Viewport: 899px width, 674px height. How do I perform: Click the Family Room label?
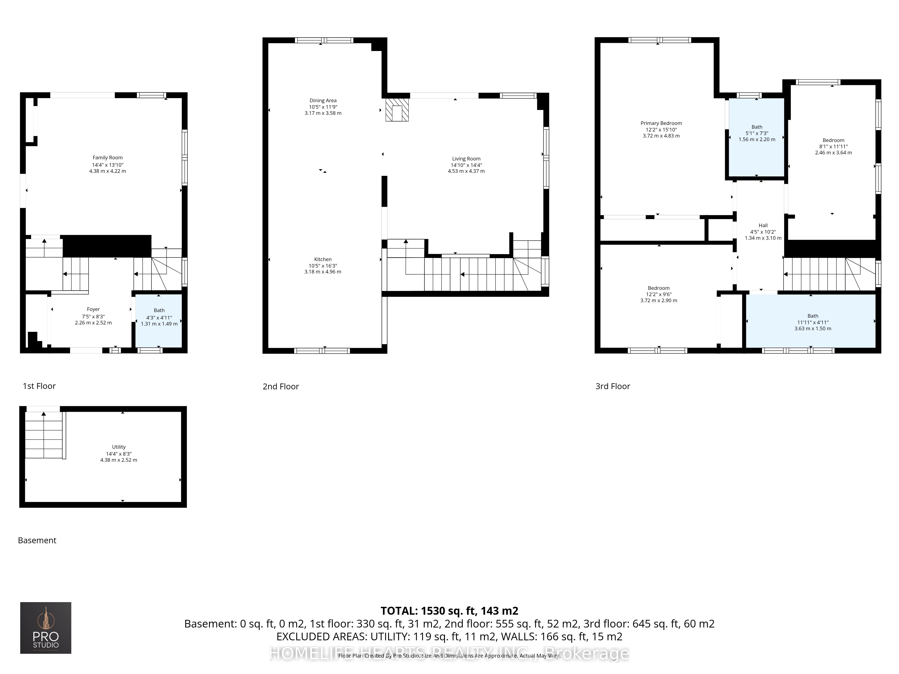pos(107,158)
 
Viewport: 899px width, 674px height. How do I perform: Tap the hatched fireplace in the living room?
pos(397,110)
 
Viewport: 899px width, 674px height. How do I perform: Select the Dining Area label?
pos(323,100)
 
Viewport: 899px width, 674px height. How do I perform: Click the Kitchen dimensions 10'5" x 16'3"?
pos(323,266)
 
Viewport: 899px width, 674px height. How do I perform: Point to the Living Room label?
pos(466,159)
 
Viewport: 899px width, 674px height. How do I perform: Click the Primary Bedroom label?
pos(661,123)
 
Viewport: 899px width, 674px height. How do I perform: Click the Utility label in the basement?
pos(119,447)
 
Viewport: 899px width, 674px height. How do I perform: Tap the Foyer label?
pos(93,309)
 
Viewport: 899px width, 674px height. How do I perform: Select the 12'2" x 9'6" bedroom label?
pos(658,288)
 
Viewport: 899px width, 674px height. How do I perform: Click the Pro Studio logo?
pos(46,628)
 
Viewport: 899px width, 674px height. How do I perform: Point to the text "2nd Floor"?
pos(280,386)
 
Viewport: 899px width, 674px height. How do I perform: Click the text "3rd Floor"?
pos(612,386)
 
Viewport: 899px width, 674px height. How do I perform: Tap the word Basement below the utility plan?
pos(37,540)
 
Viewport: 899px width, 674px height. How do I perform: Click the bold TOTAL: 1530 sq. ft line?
pos(449,611)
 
